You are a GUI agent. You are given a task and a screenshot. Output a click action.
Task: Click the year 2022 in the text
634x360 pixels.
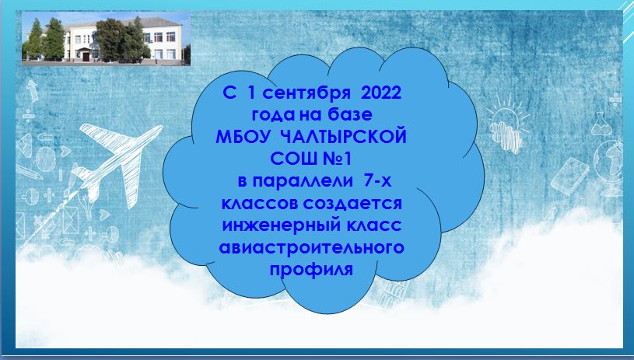coord(381,93)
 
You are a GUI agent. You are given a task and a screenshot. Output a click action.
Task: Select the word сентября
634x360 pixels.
coord(306,94)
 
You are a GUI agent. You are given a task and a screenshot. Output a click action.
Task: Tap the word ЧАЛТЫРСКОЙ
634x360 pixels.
coord(343,138)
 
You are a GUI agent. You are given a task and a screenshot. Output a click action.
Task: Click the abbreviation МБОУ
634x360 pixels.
coord(242,138)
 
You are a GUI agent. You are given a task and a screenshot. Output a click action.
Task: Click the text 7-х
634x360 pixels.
coord(377,181)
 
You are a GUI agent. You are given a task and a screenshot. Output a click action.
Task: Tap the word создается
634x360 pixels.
coord(352,203)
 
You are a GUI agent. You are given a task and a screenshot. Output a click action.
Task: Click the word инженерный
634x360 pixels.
coord(278,225)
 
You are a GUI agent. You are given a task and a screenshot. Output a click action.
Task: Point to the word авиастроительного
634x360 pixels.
coord(311,247)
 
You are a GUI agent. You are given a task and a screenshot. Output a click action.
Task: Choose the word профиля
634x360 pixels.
coord(311,270)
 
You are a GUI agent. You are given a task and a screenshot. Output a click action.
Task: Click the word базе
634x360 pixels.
coord(350,115)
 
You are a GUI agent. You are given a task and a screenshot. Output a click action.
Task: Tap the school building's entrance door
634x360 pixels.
coord(86,56)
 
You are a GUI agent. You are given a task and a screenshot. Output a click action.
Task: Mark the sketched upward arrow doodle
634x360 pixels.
coord(33,90)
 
